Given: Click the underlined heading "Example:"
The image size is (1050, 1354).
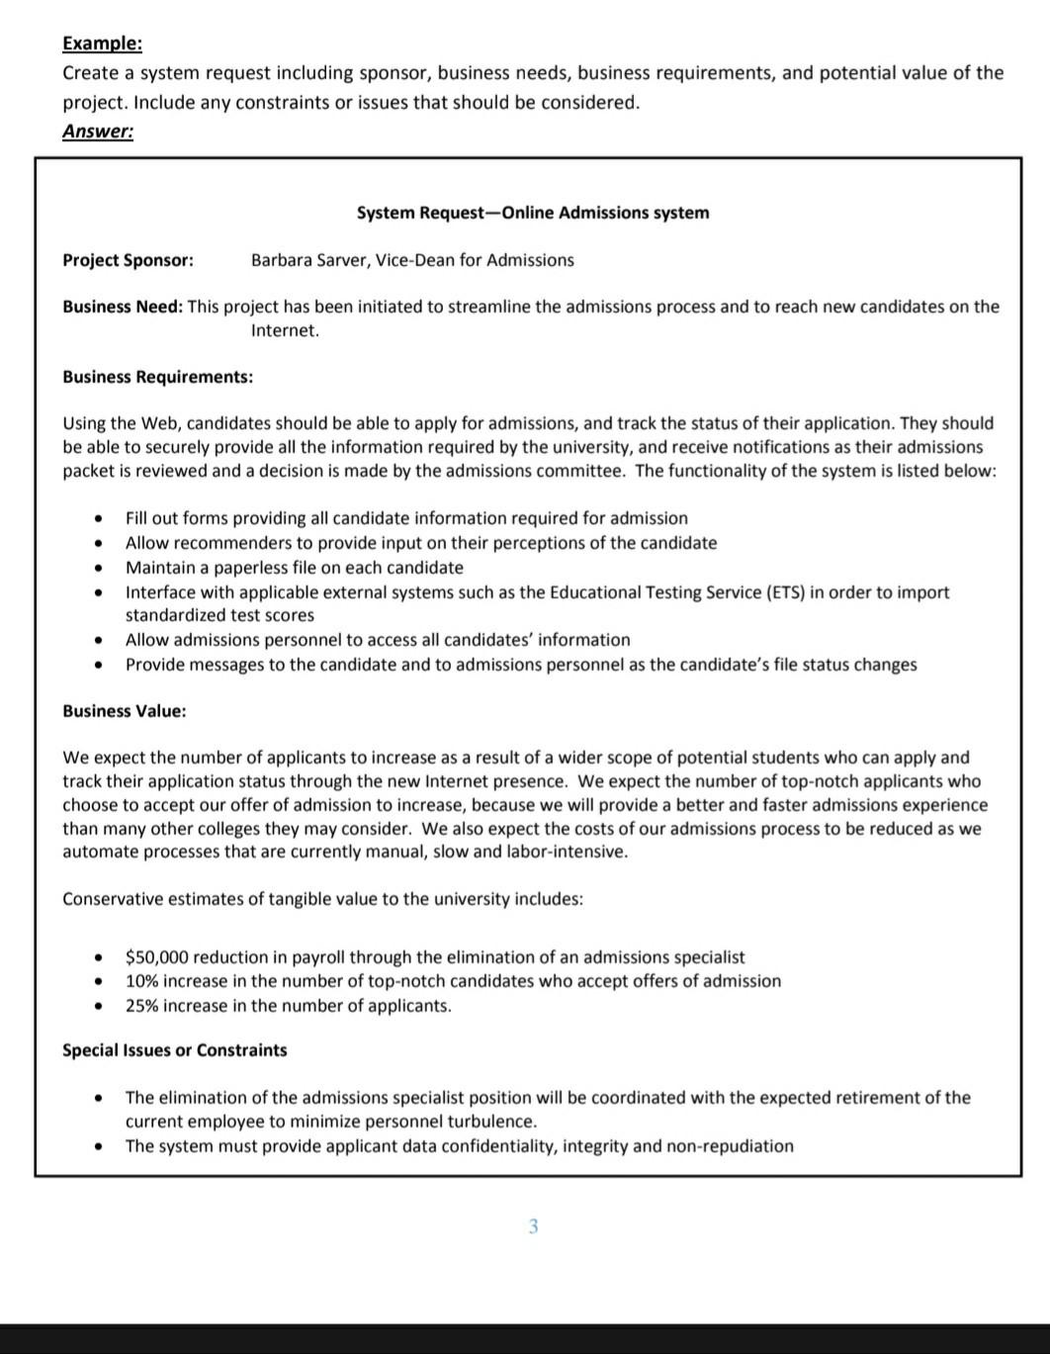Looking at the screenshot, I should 102,44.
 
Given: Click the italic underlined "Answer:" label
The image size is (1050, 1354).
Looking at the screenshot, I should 98,131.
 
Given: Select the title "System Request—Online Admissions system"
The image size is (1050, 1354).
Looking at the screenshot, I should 533,213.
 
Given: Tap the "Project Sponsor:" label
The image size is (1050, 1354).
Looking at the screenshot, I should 128,260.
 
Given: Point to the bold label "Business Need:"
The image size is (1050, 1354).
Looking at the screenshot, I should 123,307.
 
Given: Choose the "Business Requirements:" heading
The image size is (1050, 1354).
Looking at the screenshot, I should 157,377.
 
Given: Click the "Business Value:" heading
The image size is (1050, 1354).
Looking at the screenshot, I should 124,711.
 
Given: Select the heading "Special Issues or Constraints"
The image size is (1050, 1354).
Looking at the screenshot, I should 174,1050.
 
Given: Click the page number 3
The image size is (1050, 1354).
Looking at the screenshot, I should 533,1226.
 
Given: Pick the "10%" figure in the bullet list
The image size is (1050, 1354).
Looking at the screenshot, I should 141,981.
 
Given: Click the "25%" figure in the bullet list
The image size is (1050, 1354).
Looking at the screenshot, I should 141,1006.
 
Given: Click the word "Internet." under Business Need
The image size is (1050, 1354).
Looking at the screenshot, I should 285,330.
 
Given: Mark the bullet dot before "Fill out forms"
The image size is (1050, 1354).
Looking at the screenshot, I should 98,518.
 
